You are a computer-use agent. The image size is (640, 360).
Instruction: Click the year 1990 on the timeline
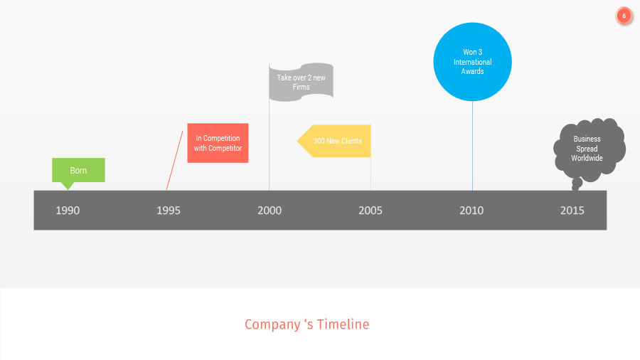point(68,211)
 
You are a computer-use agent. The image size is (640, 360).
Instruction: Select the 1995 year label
point(169,211)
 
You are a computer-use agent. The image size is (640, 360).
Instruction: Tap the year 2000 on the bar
point(270,211)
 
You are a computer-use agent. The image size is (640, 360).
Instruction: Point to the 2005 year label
point(370,211)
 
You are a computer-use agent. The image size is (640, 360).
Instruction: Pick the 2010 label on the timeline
point(471,211)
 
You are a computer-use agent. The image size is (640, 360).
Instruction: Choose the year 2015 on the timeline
point(572,211)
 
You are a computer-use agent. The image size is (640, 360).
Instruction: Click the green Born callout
point(78,171)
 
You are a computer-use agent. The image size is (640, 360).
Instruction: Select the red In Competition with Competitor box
point(218,143)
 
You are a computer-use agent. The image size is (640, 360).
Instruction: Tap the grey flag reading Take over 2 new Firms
point(301,82)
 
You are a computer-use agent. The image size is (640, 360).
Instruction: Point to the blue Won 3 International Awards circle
point(473,62)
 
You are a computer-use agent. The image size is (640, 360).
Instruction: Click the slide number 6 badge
point(624,16)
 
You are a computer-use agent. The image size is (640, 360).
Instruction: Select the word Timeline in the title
point(343,324)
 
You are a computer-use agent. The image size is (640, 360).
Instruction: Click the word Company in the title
point(271,324)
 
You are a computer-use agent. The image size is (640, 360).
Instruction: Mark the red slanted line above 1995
point(175,161)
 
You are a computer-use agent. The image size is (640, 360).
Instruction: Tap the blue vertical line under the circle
point(472,146)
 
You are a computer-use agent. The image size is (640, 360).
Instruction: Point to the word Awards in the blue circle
point(473,71)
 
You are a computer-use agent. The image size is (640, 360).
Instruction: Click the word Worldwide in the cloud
point(587,158)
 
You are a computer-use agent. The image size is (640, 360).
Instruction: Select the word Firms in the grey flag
point(301,87)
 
